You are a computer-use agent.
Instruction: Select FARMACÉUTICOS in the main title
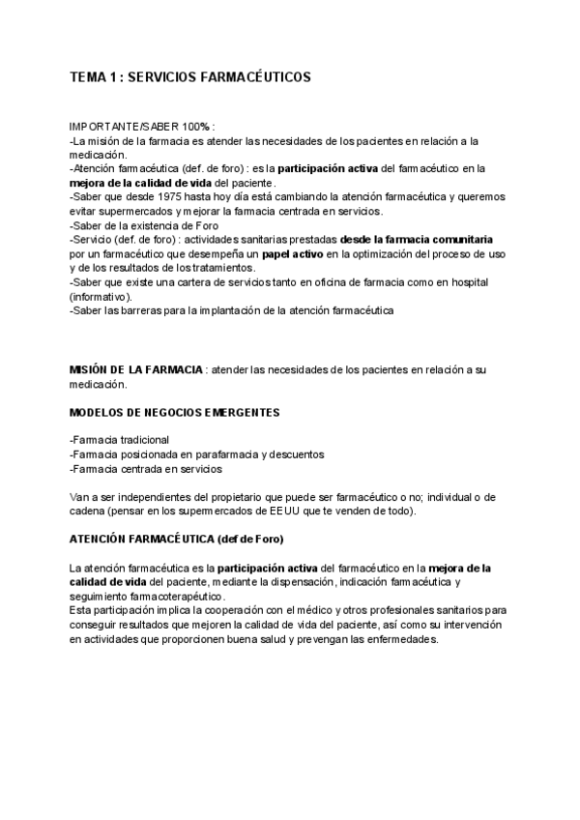[258, 77]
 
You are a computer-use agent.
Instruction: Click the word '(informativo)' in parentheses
[101, 297]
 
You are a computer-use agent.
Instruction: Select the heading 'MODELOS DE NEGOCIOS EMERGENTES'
[175, 412]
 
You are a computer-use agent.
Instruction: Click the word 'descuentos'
[296, 454]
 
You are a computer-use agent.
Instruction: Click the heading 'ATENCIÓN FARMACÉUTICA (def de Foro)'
[177, 539]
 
